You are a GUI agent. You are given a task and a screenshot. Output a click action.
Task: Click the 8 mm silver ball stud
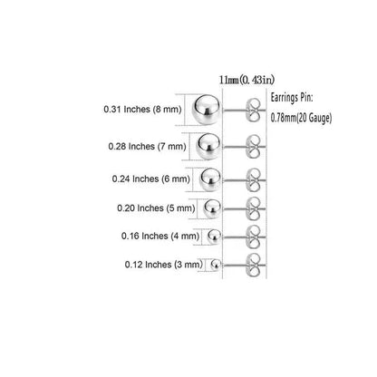point(207,110)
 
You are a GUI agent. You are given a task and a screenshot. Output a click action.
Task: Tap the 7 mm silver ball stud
point(208,147)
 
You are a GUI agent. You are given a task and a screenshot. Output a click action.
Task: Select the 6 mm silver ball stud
point(210,179)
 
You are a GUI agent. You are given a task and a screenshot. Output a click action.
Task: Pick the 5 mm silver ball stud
point(212,208)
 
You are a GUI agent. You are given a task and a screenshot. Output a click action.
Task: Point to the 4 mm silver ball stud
point(214,237)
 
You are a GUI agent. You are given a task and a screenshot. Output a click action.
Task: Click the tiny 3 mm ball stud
point(216,266)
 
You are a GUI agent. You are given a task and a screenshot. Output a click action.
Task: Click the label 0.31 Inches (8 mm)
point(142,110)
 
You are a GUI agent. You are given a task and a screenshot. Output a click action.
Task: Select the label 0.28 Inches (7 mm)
point(147,147)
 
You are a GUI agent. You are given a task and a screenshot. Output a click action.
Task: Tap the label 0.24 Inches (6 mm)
point(151,179)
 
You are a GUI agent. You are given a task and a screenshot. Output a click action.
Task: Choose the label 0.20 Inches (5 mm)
point(156,208)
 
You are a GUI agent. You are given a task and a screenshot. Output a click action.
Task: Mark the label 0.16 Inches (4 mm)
point(160,236)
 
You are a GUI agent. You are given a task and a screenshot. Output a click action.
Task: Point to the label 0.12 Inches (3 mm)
point(164,265)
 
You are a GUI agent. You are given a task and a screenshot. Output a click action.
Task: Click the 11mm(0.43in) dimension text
point(246,80)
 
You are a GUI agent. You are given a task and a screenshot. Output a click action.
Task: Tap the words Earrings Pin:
point(292,98)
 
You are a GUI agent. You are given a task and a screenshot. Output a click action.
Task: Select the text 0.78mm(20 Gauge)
point(301,118)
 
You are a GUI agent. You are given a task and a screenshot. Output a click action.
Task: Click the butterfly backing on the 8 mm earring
point(253,110)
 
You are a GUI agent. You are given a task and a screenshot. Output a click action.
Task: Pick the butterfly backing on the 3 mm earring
point(253,266)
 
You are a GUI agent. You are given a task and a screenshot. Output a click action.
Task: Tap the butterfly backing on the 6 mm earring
point(253,180)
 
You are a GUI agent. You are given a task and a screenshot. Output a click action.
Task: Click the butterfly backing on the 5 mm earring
point(253,208)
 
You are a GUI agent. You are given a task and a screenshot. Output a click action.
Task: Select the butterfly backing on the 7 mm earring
point(253,147)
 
